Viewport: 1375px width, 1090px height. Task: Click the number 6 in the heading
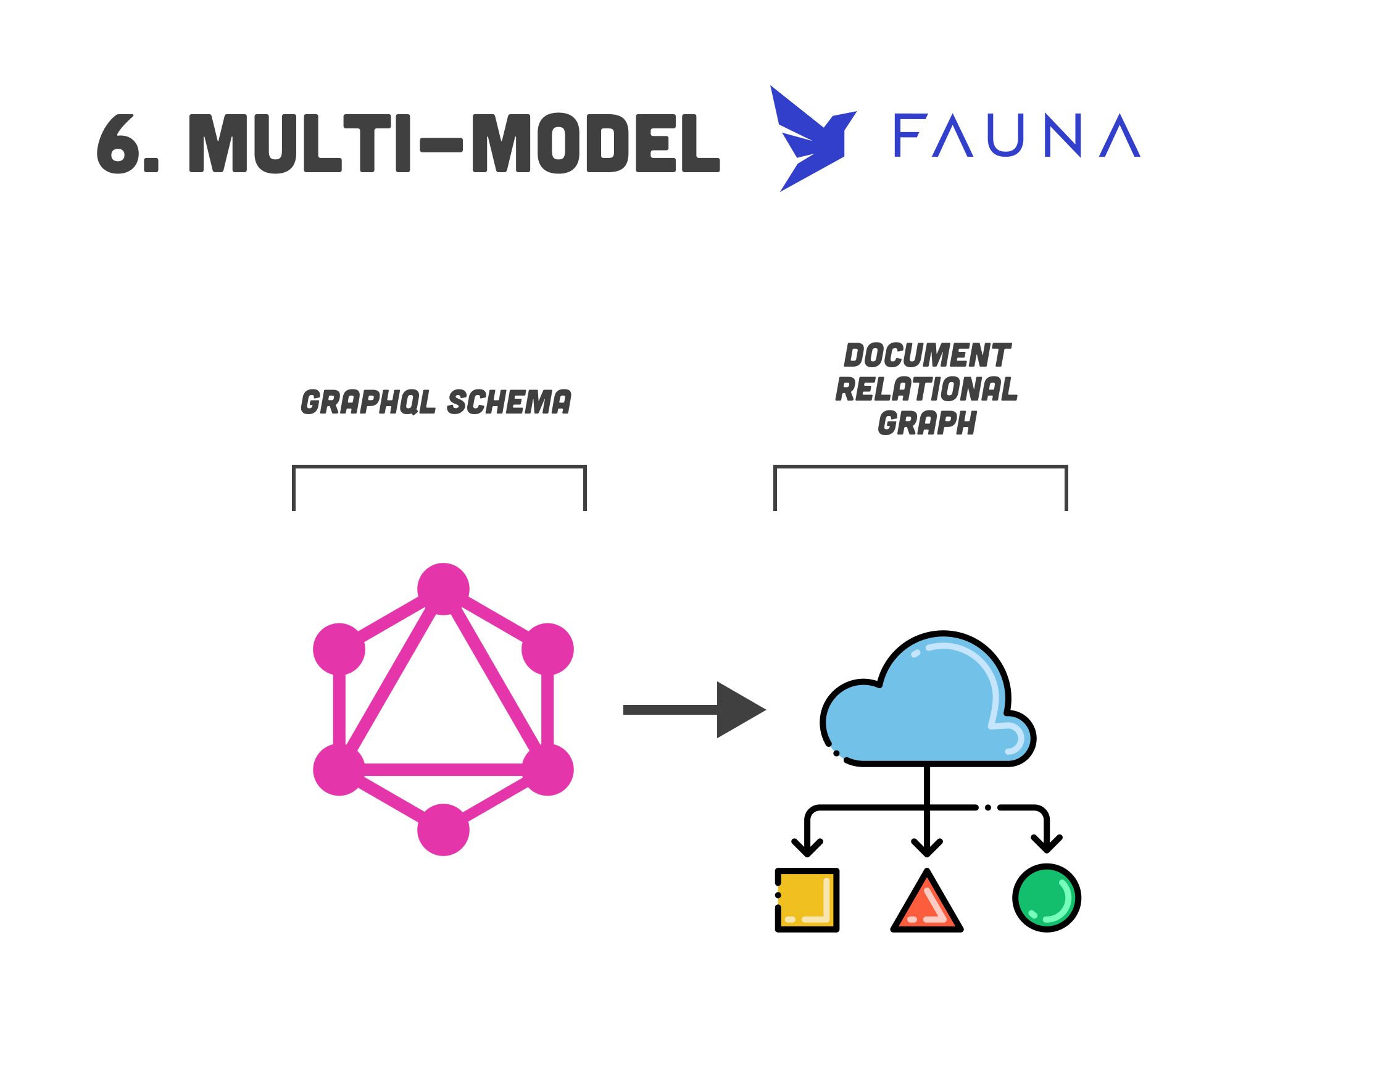click(x=118, y=144)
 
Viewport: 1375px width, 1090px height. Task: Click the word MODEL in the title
click(x=596, y=144)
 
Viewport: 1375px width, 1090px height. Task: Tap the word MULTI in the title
click(x=299, y=144)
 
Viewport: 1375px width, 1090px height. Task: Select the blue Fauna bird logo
click(x=811, y=139)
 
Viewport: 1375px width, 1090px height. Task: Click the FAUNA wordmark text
click(x=1016, y=135)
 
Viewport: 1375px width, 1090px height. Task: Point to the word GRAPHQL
click(x=368, y=402)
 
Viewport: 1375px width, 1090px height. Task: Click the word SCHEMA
click(x=509, y=402)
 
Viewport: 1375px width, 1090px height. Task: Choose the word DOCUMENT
click(x=927, y=356)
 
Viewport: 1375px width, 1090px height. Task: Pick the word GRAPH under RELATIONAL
click(x=927, y=423)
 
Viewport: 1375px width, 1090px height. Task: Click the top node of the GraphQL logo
click(x=443, y=589)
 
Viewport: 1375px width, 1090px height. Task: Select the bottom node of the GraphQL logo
click(x=443, y=830)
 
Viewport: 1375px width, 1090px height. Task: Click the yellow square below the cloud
click(x=807, y=900)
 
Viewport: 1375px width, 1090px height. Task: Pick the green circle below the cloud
click(x=1047, y=898)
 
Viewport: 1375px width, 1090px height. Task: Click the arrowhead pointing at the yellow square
click(x=807, y=848)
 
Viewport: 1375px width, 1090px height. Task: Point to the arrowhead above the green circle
click(x=1047, y=844)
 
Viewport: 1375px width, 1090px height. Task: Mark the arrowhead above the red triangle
click(x=927, y=848)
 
